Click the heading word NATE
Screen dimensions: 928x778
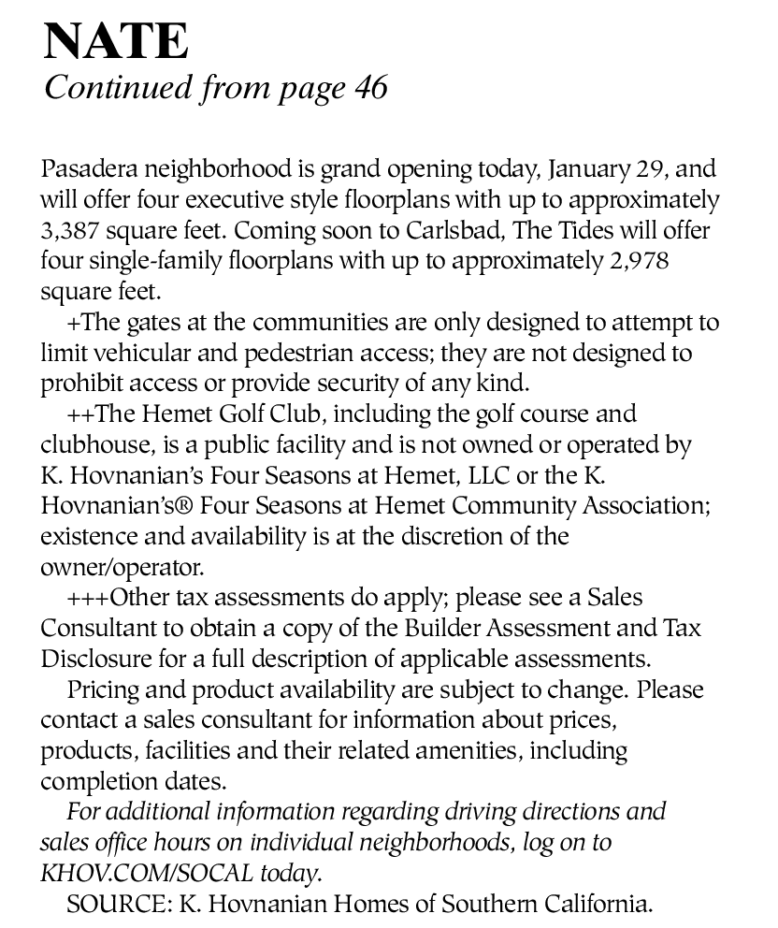[116, 41]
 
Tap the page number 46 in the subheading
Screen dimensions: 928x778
[370, 88]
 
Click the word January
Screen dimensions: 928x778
[587, 170]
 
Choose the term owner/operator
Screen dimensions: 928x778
[121, 567]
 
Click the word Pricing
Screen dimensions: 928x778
[104, 689]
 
